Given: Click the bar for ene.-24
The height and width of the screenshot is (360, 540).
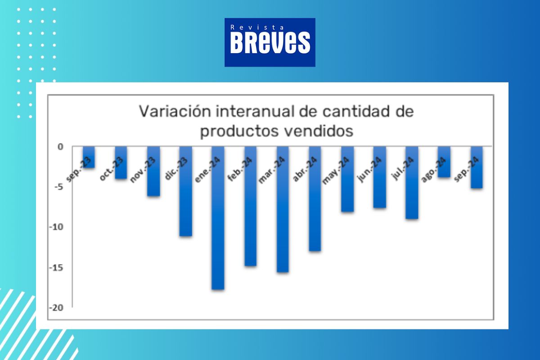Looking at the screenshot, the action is coord(218,218).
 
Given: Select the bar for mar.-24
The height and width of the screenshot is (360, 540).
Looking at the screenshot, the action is coord(283,209).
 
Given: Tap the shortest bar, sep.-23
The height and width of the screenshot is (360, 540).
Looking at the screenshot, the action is coord(89,157).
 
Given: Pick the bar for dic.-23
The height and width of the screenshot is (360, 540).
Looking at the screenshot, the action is coord(185,191).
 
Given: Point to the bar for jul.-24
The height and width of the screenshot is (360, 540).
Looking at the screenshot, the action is coord(412,183).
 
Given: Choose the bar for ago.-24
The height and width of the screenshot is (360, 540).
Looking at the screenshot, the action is coord(444,162).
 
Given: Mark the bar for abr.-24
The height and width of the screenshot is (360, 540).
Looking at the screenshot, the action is coord(315,199).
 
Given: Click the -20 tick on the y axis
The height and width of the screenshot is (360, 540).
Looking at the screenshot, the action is coord(56,308).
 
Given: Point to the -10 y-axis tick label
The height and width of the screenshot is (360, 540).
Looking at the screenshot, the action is coord(56,227).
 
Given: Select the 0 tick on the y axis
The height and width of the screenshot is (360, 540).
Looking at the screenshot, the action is coord(60,147).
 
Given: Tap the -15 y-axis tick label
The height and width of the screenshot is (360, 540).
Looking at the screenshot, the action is coord(56,267).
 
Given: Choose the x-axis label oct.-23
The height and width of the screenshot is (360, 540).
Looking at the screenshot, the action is coord(112,169).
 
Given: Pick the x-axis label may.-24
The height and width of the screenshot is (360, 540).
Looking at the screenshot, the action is coord(336,171).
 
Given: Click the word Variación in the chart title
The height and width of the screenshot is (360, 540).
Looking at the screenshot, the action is coord(175,112).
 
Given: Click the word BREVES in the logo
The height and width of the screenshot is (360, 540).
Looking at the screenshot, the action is coord(270,43).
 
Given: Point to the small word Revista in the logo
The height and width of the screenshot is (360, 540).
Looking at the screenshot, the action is coord(257,27).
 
